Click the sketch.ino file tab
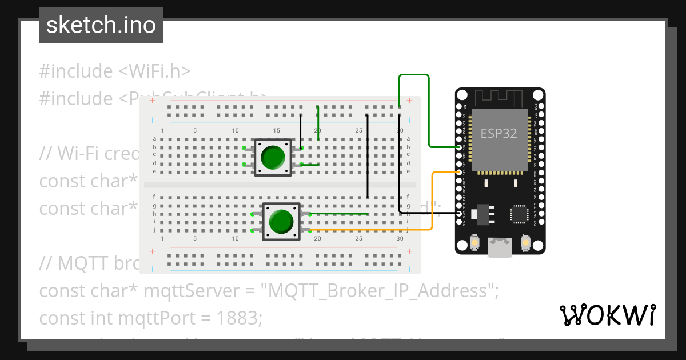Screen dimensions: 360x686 (x=101, y=25)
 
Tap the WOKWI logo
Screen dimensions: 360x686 (x=607, y=315)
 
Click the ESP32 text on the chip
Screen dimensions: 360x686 (x=498, y=134)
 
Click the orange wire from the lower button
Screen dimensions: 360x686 (x=372, y=230)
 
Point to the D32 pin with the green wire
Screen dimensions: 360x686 (x=459, y=147)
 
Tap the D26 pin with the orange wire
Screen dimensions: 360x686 (x=459, y=172)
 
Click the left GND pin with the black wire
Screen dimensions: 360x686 (x=459, y=213)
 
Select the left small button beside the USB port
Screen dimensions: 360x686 (x=474, y=243)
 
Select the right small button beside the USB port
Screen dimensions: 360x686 (x=525, y=243)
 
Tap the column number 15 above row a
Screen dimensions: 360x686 (x=276, y=131)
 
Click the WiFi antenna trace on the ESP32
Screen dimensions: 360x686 (x=500, y=97)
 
